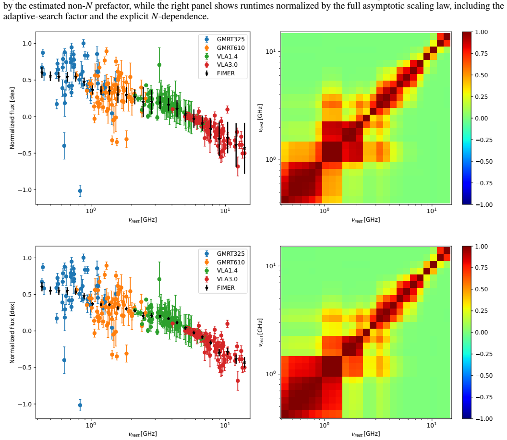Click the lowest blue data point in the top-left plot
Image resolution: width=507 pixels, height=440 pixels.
80,191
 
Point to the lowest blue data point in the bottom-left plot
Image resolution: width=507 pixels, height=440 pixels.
80,405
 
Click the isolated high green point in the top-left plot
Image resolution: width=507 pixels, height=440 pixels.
159,65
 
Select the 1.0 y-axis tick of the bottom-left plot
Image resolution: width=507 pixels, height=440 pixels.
27,258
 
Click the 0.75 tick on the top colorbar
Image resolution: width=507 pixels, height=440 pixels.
482,54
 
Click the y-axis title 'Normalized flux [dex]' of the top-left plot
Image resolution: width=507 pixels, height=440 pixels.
12,118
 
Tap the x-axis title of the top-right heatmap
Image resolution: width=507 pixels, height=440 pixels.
366,220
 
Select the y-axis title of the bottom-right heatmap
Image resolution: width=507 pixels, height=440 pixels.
260,333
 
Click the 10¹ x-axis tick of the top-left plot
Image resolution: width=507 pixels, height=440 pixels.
225,211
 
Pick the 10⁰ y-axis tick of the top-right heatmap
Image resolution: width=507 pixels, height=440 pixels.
271,160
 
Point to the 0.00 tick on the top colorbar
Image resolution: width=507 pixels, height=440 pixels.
482,118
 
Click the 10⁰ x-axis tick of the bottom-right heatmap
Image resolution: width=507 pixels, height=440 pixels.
324,425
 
